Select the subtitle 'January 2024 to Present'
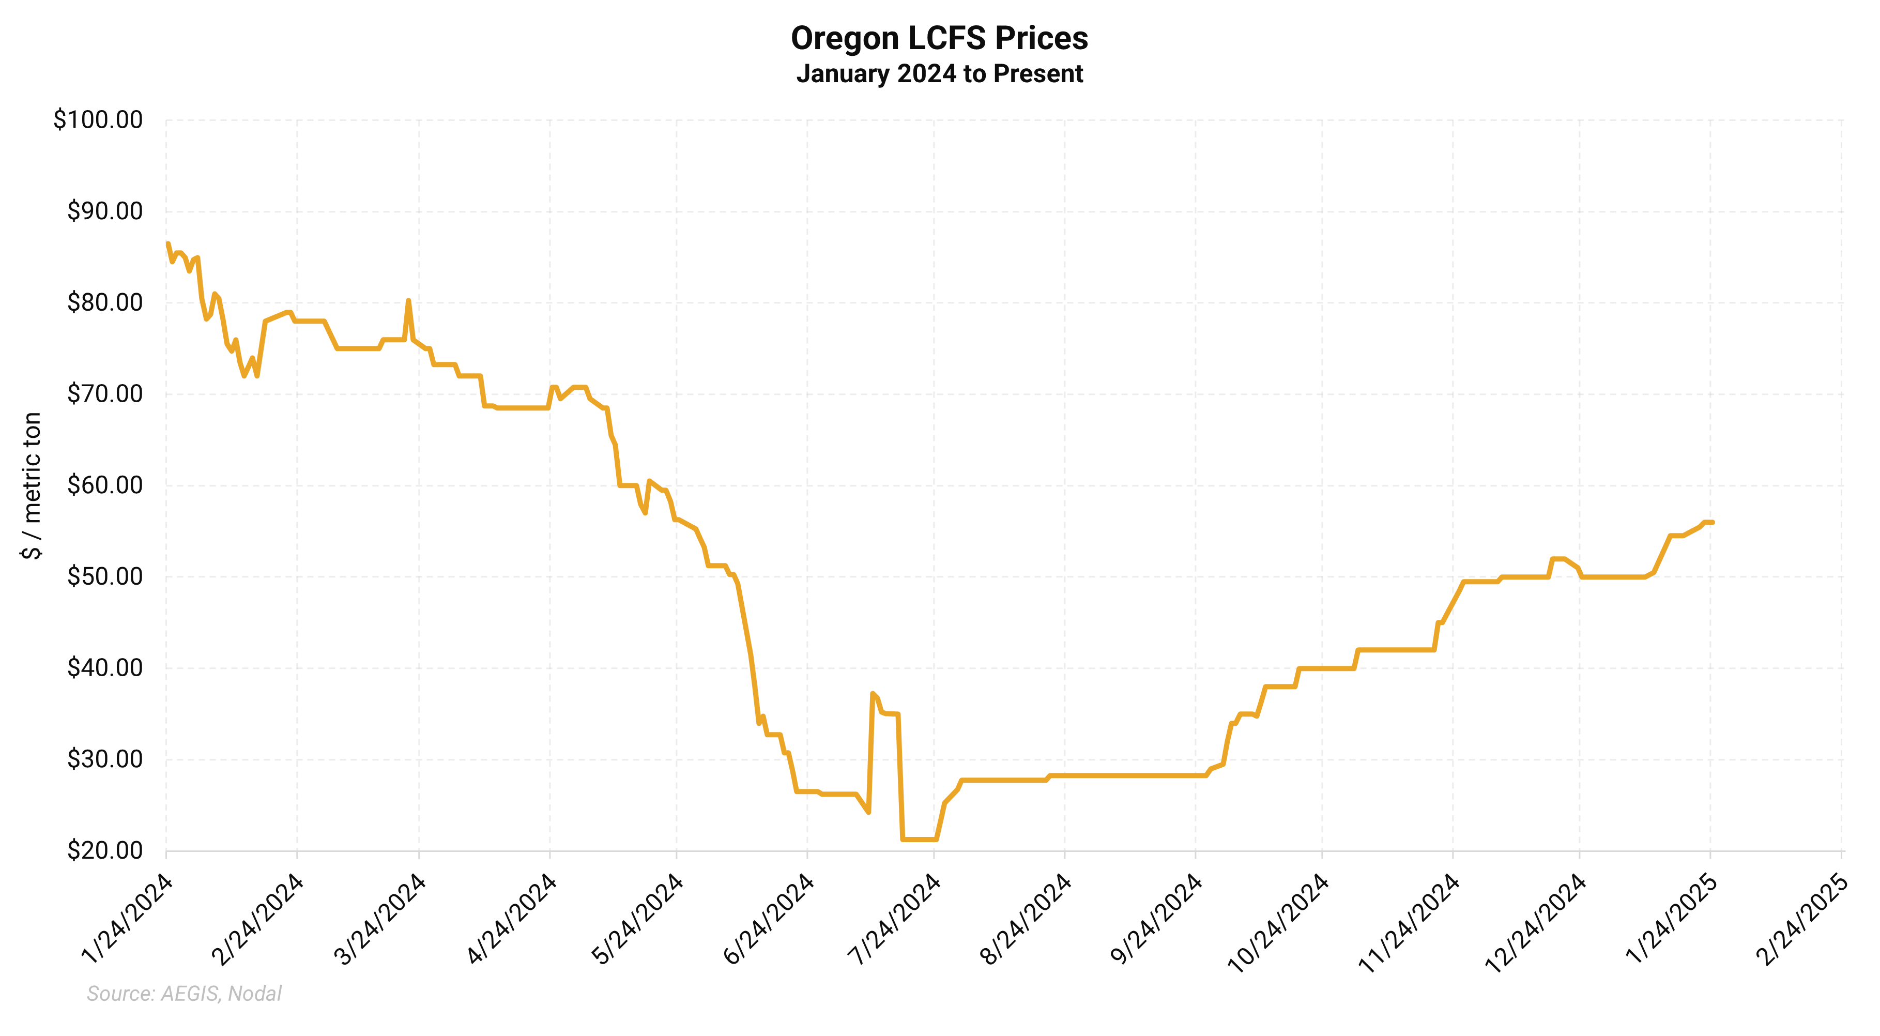pos(939,74)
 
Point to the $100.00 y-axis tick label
pos(98,120)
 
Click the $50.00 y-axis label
pos(104,577)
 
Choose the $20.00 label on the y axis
pos(104,850)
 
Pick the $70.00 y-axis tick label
pos(104,394)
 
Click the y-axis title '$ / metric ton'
pos(32,485)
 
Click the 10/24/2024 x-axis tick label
pos(1279,924)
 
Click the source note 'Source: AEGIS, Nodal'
pos(184,994)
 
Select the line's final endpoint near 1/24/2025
pos(1712,522)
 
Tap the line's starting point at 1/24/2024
pos(168,244)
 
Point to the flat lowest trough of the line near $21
pos(919,839)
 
